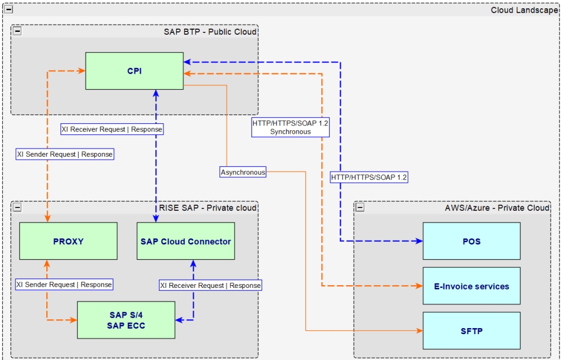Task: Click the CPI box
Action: pyautogui.click(x=134, y=70)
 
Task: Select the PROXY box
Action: pyautogui.click(x=68, y=241)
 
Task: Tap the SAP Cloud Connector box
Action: pyautogui.click(x=185, y=241)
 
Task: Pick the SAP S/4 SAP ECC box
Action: pyautogui.click(x=126, y=320)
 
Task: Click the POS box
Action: pyautogui.click(x=471, y=241)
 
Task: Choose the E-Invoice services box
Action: pyautogui.click(x=471, y=286)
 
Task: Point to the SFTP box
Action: pyautogui.click(x=471, y=330)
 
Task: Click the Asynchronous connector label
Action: pyautogui.click(x=243, y=172)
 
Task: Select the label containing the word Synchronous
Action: pyautogui.click(x=290, y=127)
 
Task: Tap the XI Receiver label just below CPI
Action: pyautogui.click(x=112, y=129)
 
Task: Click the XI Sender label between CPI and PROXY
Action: pyautogui.click(x=65, y=154)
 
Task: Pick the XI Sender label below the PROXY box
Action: pyautogui.click(x=64, y=285)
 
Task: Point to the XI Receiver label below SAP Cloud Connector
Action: pyautogui.click(x=210, y=286)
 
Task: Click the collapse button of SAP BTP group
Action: pyautogui.click(x=17, y=31)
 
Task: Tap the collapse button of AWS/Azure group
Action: pyautogui.click(x=360, y=207)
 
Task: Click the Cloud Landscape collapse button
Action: pyautogui.click(x=8, y=10)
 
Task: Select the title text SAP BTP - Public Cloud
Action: pyautogui.click(x=210, y=31)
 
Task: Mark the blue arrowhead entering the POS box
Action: pyautogui.click(x=419, y=241)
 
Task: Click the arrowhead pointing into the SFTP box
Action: pyautogui.click(x=419, y=331)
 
